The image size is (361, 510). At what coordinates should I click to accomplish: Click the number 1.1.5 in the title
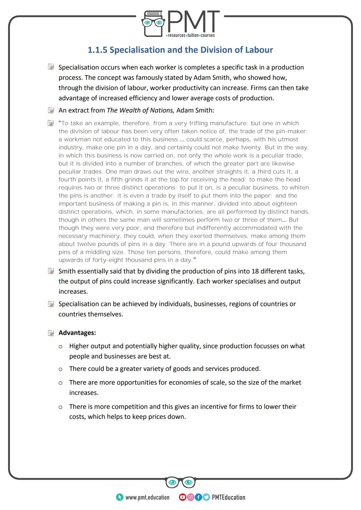(x=97, y=50)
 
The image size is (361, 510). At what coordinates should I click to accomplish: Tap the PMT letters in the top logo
(x=193, y=22)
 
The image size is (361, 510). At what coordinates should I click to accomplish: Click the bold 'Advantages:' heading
(x=77, y=333)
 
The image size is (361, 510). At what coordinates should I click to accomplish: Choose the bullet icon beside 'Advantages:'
(x=51, y=333)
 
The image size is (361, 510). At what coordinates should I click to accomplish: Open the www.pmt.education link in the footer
(x=147, y=497)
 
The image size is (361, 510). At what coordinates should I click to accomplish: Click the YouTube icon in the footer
(x=183, y=497)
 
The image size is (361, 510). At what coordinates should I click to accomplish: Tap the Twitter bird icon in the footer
(x=206, y=497)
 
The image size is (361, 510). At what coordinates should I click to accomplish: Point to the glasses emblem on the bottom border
(x=180, y=482)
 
